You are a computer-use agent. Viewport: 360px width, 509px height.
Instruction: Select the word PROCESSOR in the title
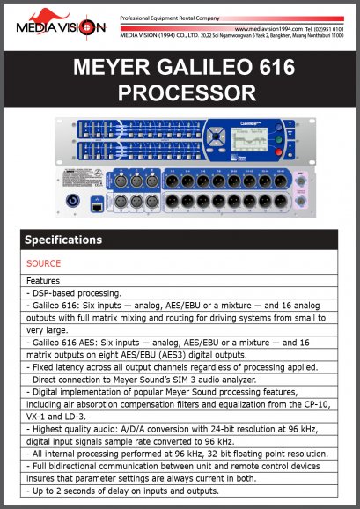tap(180, 92)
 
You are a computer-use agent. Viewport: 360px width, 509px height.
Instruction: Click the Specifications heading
tap(63, 240)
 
